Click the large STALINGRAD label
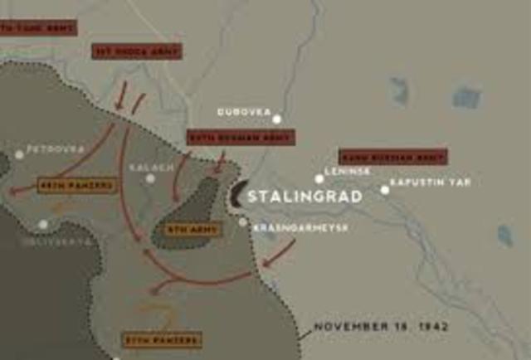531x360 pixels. (305, 197)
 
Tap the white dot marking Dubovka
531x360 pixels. (276, 119)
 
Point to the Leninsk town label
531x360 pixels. (347, 171)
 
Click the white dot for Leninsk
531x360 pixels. (319, 178)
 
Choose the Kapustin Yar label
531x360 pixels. (430, 181)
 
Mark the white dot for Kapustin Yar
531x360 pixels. (385, 190)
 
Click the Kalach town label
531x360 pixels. (152, 167)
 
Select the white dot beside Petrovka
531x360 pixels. (19, 154)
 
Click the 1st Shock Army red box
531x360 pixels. (137, 51)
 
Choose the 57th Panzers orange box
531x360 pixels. (163, 339)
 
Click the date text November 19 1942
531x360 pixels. (381, 326)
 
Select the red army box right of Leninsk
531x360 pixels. (392, 156)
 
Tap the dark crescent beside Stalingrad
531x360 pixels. (236, 196)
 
